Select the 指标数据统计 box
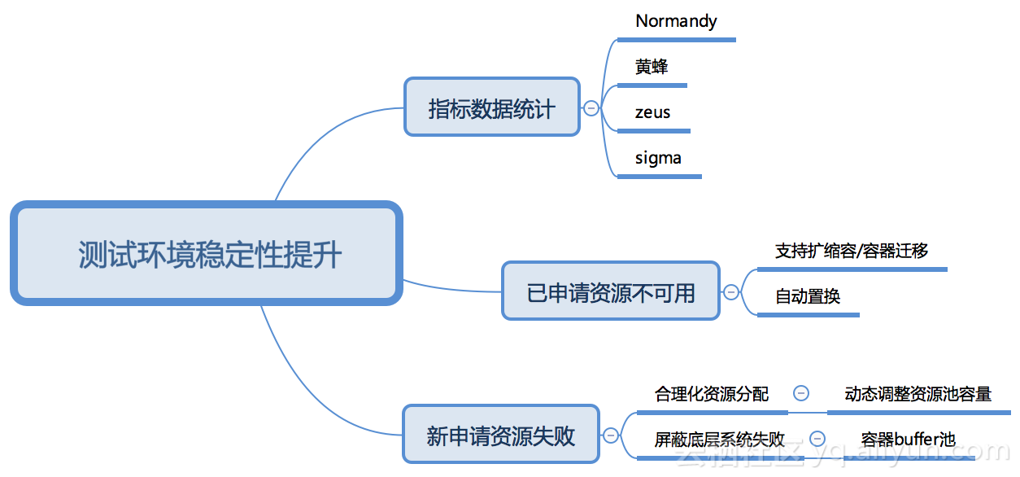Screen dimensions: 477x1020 tap(491, 107)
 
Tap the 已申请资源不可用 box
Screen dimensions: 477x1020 tap(611, 291)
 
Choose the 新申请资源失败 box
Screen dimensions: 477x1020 tap(500, 435)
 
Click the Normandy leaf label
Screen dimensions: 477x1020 tap(676, 21)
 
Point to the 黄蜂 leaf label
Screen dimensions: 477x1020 tap(652, 67)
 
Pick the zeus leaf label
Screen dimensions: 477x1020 tap(652, 112)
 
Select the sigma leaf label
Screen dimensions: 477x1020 tap(658, 158)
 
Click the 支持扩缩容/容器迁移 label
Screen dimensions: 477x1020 tap(851, 251)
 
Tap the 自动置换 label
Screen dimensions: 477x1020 tap(807, 296)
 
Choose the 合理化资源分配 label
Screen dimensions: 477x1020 tap(711, 394)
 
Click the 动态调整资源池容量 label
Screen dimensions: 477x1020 tap(918, 394)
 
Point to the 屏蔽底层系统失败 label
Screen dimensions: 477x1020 tap(719, 440)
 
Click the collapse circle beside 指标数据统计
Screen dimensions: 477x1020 tap(591, 107)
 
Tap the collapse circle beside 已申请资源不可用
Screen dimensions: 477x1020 tap(731, 291)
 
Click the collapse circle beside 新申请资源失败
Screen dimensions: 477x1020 tap(611, 435)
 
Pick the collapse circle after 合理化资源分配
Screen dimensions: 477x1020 tap(800, 393)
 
